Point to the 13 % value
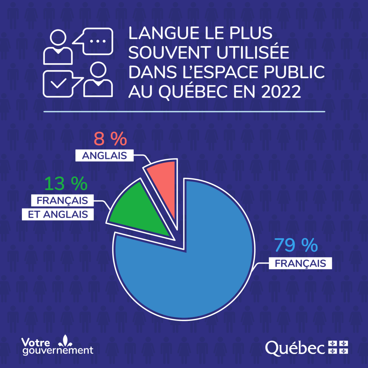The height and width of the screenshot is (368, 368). [66, 184]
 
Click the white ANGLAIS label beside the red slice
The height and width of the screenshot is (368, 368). [104, 156]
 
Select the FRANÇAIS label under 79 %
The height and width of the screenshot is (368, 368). [300, 263]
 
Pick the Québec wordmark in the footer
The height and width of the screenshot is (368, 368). [296, 347]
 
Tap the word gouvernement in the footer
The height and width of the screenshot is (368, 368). [57, 350]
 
